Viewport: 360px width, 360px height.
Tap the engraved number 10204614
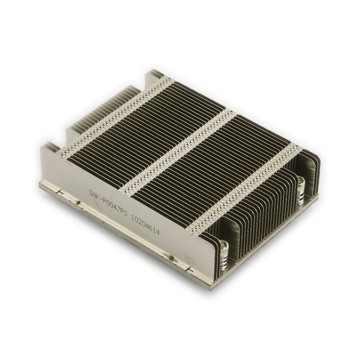(x=145, y=224)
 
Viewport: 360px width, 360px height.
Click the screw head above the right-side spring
(x=301, y=181)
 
